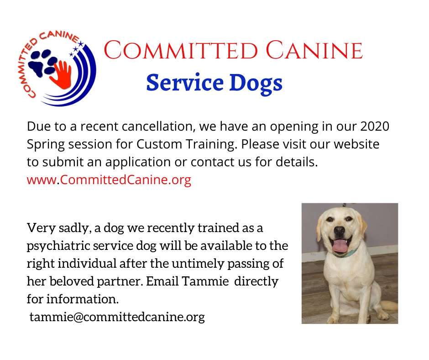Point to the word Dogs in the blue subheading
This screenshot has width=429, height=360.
(255, 83)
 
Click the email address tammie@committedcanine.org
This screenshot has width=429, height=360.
(117, 317)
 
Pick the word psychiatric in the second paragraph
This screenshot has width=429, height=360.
(59, 245)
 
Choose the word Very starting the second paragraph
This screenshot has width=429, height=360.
(40, 228)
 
